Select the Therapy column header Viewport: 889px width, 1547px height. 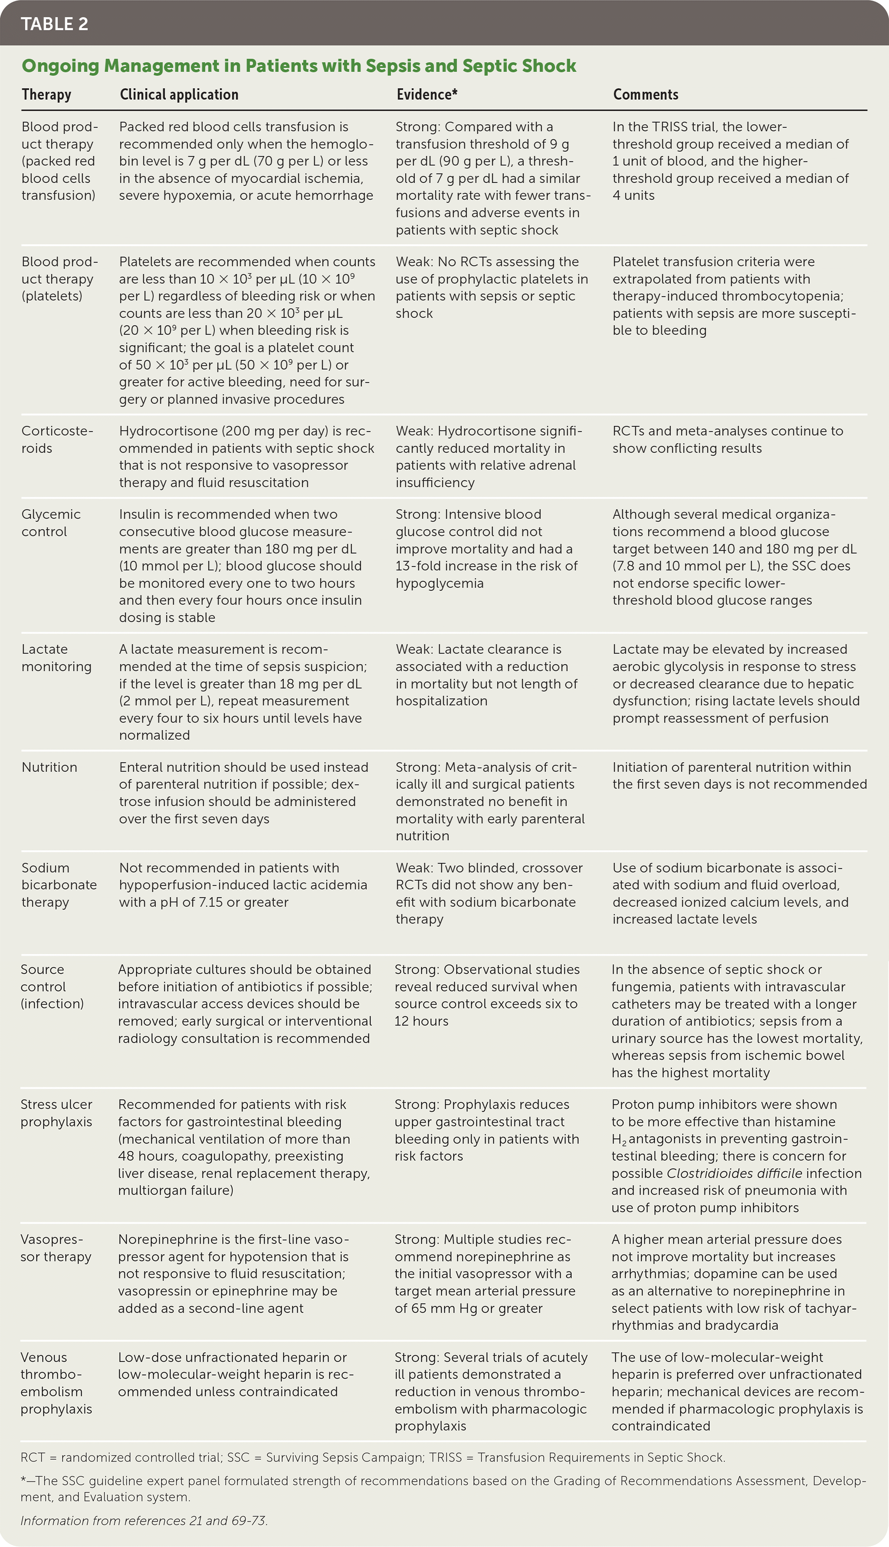(x=46, y=95)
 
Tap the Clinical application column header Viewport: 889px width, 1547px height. (x=179, y=95)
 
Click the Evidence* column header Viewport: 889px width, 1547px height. (x=427, y=95)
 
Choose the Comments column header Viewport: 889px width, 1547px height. (x=645, y=95)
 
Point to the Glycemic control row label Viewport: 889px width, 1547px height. (x=51, y=522)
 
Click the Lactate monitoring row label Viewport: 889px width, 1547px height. (x=56, y=657)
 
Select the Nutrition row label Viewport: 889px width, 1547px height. (x=49, y=767)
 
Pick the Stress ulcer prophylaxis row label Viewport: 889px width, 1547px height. (x=56, y=1113)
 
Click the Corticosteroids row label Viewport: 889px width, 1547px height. (x=57, y=440)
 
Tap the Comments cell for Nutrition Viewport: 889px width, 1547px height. (x=739, y=775)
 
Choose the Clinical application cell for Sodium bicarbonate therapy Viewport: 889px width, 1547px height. (x=243, y=885)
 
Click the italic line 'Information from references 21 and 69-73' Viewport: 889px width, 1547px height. (x=144, y=1520)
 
